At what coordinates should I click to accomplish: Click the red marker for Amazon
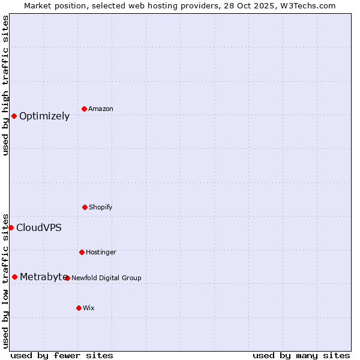(84, 109)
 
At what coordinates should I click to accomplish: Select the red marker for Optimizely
(14, 116)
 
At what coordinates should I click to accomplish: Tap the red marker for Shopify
(85, 207)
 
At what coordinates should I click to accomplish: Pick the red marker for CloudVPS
(11, 227)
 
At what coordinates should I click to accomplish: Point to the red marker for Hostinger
(82, 252)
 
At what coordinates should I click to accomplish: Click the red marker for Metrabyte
(14, 277)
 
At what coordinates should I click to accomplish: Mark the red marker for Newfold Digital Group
(67, 278)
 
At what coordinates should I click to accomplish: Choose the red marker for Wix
(79, 308)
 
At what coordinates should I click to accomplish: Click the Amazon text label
(101, 109)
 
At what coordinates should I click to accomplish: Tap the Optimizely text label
(44, 116)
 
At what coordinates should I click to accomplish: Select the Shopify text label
(101, 207)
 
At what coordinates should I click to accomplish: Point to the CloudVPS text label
(39, 228)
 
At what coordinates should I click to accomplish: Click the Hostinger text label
(101, 252)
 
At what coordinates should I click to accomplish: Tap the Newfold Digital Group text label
(106, 278)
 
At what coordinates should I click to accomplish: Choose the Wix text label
(89, 308)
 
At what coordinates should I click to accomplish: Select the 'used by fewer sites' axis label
(62, 355)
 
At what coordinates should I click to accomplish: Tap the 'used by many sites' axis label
(301, 355)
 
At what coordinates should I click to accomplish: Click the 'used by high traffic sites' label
(5, 85)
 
